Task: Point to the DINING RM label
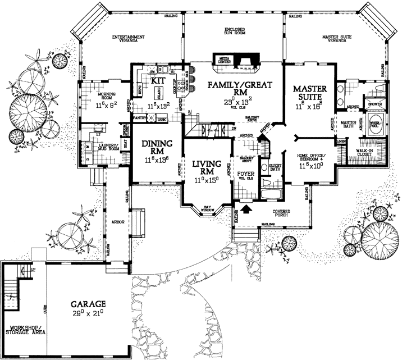(154, 148)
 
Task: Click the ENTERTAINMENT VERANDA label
(132, 39)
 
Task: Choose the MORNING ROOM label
(106, 95)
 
